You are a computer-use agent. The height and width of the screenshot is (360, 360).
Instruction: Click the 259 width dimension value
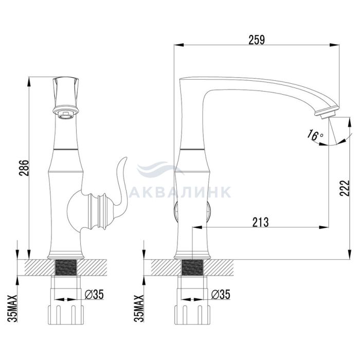pos(257,40)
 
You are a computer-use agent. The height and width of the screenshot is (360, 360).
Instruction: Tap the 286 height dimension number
pos(24,168)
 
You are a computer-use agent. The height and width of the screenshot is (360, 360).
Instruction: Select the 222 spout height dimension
pos(345,188)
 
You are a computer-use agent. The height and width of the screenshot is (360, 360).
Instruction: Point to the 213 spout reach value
pos(260,222)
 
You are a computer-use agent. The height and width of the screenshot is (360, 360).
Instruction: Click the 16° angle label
pos(315,135)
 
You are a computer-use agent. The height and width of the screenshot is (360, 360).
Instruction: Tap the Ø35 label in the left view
pos(94,294)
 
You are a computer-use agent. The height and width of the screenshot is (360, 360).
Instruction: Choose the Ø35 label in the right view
pos(221,294)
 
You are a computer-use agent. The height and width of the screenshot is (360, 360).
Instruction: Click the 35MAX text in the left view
pos(12,309)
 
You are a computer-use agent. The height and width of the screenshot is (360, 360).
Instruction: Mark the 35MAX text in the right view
pos(139,309)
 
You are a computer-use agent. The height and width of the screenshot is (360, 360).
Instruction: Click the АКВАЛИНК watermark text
pos(180,192)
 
